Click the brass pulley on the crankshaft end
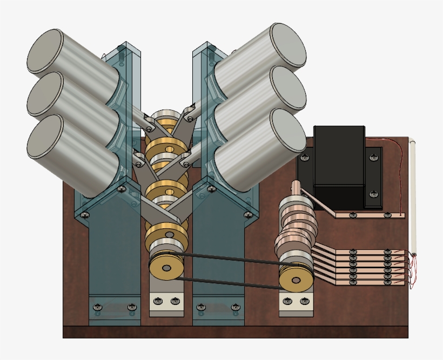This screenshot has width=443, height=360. pos(165,268)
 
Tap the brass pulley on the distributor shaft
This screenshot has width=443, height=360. pos(296,280)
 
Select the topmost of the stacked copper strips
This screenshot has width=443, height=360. pos(367,252)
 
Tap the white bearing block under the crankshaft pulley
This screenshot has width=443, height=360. pos(166,302)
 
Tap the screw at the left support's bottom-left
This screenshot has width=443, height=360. pos(98,307)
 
